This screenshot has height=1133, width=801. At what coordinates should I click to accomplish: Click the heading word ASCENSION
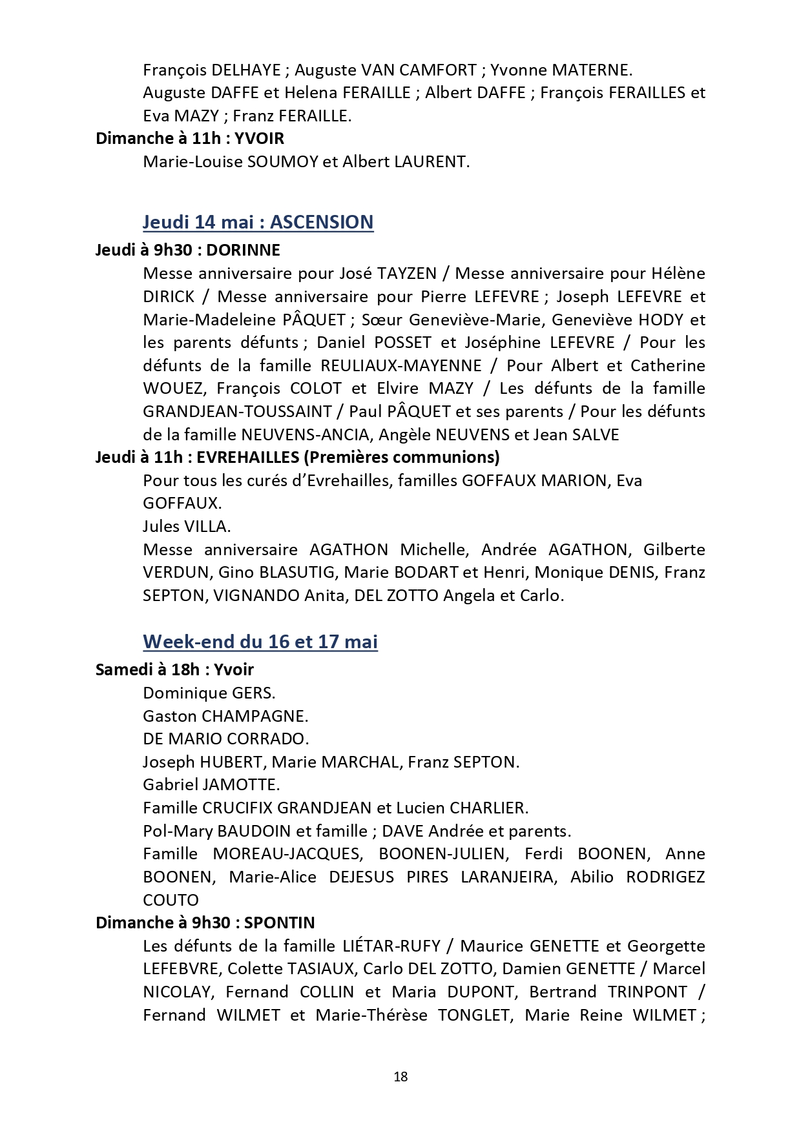pyautogui.click(x=322, y=222)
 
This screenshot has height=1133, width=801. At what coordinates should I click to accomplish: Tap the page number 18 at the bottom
pyautogui.click(x=400, y=1076)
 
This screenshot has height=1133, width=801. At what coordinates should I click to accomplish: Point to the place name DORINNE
pyautogui.click(x=244, y=250)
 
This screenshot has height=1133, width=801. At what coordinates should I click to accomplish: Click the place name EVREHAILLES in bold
pyautogui.click(x=247, y=457)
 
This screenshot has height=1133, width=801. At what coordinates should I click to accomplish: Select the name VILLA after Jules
pyautogui.click(x=207, y=527)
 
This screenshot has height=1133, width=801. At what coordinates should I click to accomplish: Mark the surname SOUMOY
pyautogui.click(x=282, y=161)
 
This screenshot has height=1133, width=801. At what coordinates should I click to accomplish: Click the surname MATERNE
pyautogui.click(x=589, y=70)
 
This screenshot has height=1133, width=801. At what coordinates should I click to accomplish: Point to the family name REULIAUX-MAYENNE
pyautogui.click(x=401, y=365)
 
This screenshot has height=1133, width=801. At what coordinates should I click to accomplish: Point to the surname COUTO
pyautogui.click(x=171, y=900)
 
